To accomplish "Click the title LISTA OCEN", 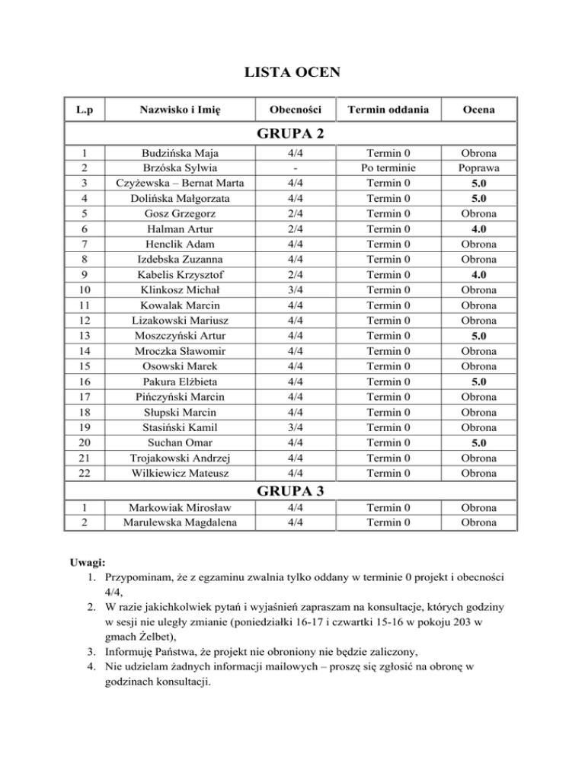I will (x=292, y=73).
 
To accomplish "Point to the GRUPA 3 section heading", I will (x=292, y=491).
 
